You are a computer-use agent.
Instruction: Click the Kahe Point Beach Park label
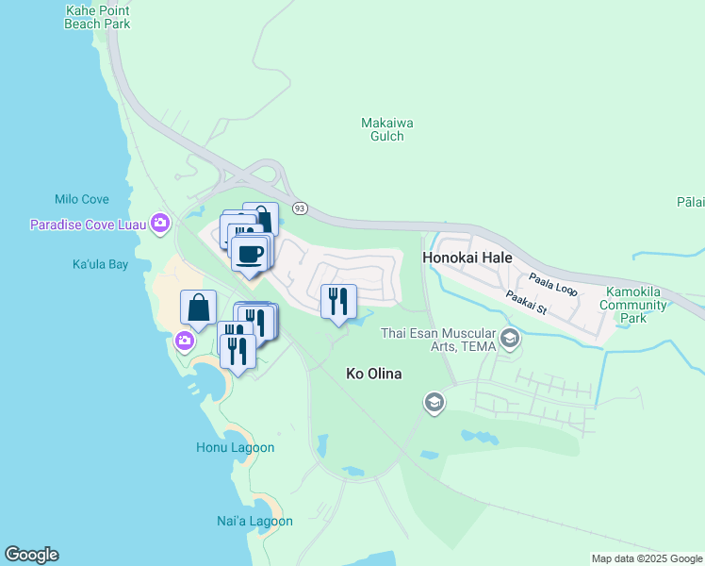click(97, 17)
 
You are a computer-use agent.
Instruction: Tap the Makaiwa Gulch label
click(387, 129)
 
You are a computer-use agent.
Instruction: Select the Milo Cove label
click(82, 199)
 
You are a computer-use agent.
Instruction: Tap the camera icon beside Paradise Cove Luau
click(160, 223)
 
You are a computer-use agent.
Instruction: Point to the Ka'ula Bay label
click(100, 264)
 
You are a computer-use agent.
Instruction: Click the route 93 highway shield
click(300, 208)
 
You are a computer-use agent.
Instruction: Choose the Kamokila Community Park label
click(637, 306)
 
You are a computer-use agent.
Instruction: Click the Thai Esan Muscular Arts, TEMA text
click(438, 340)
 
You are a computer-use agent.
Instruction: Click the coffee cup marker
click(250, 255)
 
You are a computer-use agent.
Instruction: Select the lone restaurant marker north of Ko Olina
click(338, 302)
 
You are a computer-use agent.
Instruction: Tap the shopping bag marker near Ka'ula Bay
click(199, 308)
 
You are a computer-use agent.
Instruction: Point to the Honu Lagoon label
click(235, 447)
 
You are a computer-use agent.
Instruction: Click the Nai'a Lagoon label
click(254, 521)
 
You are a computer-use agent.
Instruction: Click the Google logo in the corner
click(31, 555)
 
